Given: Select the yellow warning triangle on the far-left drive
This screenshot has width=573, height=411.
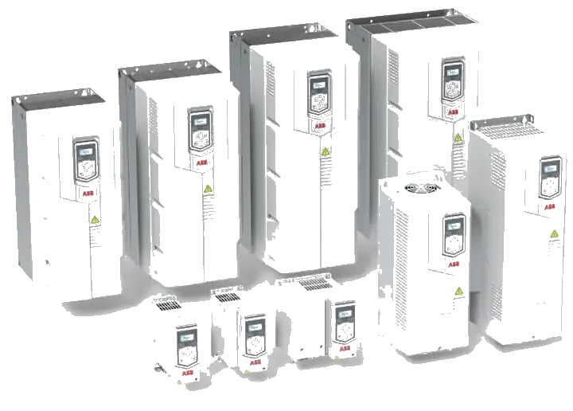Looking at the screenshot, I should pyautogui.click(x=95, y=220).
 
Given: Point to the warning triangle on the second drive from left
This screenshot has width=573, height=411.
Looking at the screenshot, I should pyautogui.click(x=208, y=190).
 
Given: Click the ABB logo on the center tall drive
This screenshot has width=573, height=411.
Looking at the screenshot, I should pyautogui.click(x=318, y=125).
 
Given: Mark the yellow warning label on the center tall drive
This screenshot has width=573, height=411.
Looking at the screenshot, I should pyautogui.click(x=325, y=151).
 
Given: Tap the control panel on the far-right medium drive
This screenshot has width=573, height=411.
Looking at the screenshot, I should pyautogui.click(x=550, y=176).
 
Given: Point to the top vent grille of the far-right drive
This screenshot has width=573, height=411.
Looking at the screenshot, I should pyautogui.click(x=498, y=123).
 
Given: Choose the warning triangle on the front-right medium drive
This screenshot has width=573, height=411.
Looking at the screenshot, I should pyautogui.click(x=458, y=292).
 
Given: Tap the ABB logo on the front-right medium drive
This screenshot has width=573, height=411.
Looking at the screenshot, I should pyautogui.click(x=453, y=264).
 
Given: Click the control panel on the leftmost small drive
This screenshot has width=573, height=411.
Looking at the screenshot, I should pyautogui.click(x=186, y=343).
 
